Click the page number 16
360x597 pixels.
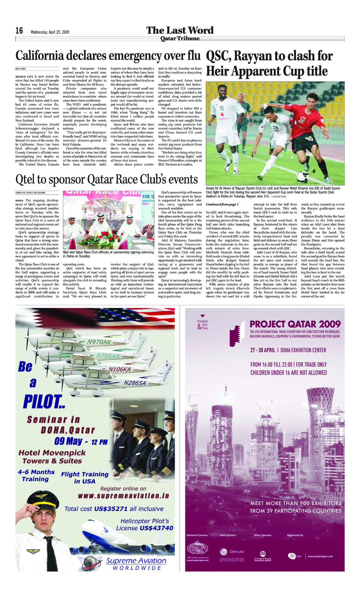[x=19, y=31]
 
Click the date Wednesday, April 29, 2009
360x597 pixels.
[x=50, y=32]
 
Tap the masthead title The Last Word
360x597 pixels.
[x=180, y=30]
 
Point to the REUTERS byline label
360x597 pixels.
[x=21, y=69]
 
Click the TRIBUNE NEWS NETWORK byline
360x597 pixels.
[x=30, y=193]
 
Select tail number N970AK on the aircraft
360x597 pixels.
[x=99, y=342]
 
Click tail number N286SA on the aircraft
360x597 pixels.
[x=135, y=383]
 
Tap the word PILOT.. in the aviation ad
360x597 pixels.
[x=44, y=402]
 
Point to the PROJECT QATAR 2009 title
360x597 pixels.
[x=295, y=324]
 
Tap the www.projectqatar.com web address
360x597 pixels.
[x=320, y=556]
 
